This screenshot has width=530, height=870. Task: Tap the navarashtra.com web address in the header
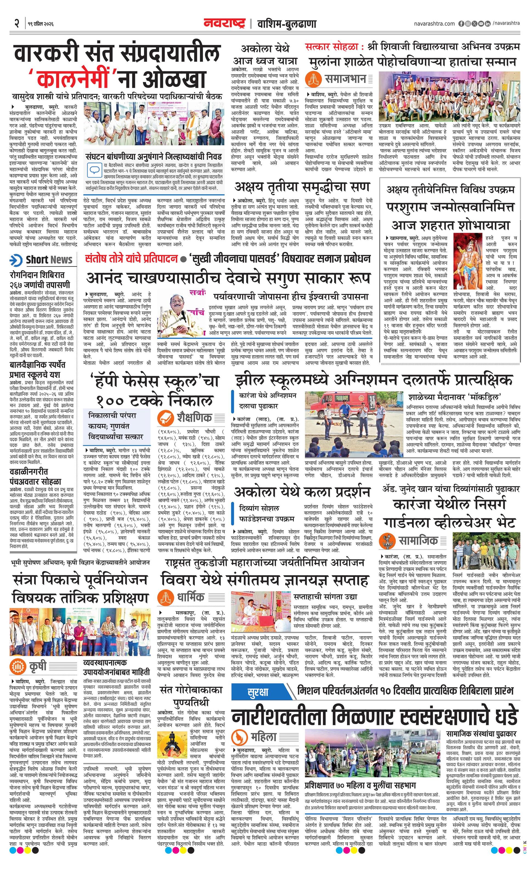click(434, 24)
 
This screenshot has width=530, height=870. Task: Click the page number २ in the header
click(16, 24)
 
